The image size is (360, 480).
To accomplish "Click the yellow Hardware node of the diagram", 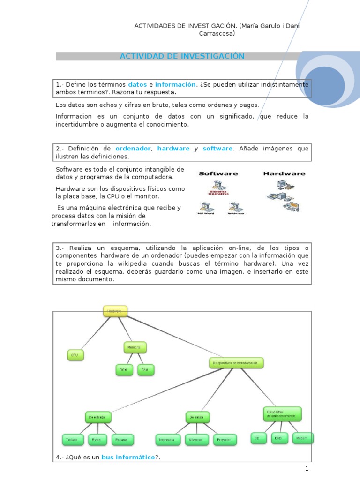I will tap(115, 311).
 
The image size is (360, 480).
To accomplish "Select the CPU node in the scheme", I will tap(75, 356).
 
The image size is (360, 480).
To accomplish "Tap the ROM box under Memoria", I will tap(123, 370).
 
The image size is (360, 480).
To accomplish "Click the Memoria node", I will tap(135, 347).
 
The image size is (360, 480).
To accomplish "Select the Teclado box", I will tap(73, 440).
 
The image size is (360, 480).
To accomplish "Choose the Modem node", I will tap(303, 438).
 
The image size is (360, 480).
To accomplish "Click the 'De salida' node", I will tap(197, 417).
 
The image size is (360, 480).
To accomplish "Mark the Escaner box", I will tap(123, 440).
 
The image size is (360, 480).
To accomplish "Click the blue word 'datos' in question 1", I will tap(137, 85).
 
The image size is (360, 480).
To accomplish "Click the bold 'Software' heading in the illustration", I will tap(218, 173).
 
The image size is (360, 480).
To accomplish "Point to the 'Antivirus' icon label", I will tap(236, 214).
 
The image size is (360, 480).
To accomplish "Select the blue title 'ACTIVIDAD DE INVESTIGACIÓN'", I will tap(182, 56).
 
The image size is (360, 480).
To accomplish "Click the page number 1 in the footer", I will tap(307, 469).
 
